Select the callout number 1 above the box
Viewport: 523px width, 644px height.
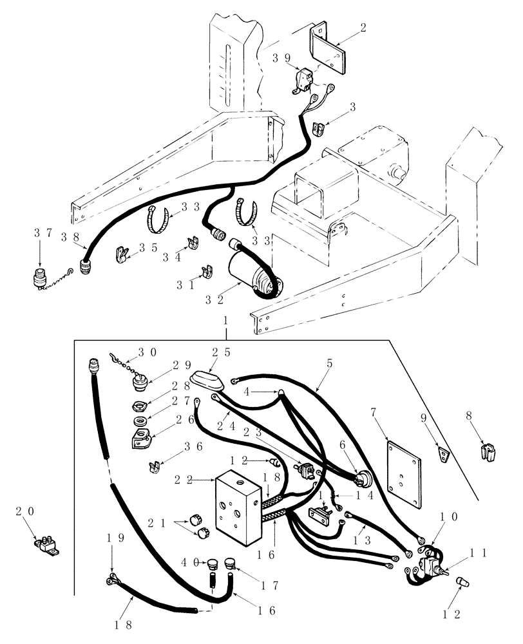pyautogui.click(x=226, y=319)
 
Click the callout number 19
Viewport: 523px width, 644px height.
pyautogui.click(x=112, y=538)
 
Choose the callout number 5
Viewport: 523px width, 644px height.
pyautogui.click(x=329, y=363)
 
